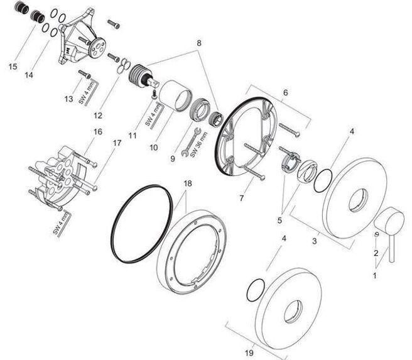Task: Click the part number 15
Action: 13,66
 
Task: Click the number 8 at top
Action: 199,43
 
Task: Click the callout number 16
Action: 97,132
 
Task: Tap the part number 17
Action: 117,143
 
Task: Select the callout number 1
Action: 376,275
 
